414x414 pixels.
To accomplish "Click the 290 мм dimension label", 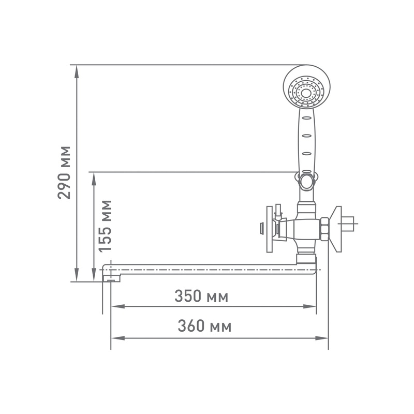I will (64, 172).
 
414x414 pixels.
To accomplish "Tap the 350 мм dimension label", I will (201, 297).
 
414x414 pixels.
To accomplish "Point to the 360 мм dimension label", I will (204, 327).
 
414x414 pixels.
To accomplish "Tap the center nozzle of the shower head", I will (307, 93).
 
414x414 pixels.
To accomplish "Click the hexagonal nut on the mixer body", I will (324, 229).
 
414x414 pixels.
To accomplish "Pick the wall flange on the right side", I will (337, 230).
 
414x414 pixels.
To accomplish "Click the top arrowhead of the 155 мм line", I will (94, 176).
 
